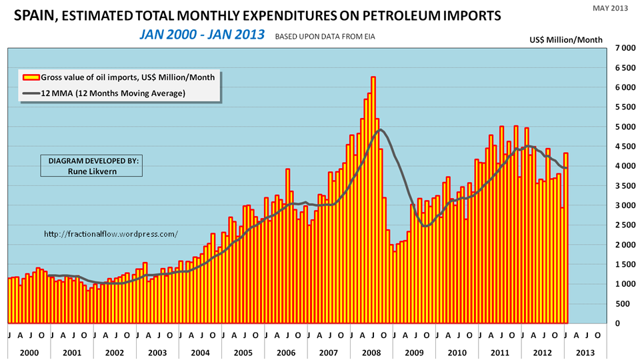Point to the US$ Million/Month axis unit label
pyautogui.click(x=566, y=40)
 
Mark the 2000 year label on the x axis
pyautogui.click(x=29, y=351)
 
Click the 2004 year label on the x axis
pyautogui.click(x=200, y=351)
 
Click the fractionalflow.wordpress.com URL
pyautogui.click(x=111, y=234)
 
